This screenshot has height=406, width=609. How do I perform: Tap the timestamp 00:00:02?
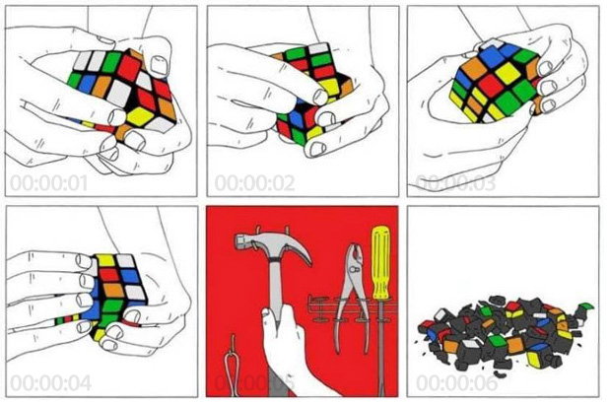pos(249,181)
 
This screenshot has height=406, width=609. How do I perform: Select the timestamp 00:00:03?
pos(450,181)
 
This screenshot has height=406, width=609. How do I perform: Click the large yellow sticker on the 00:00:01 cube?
pos(142,117)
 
